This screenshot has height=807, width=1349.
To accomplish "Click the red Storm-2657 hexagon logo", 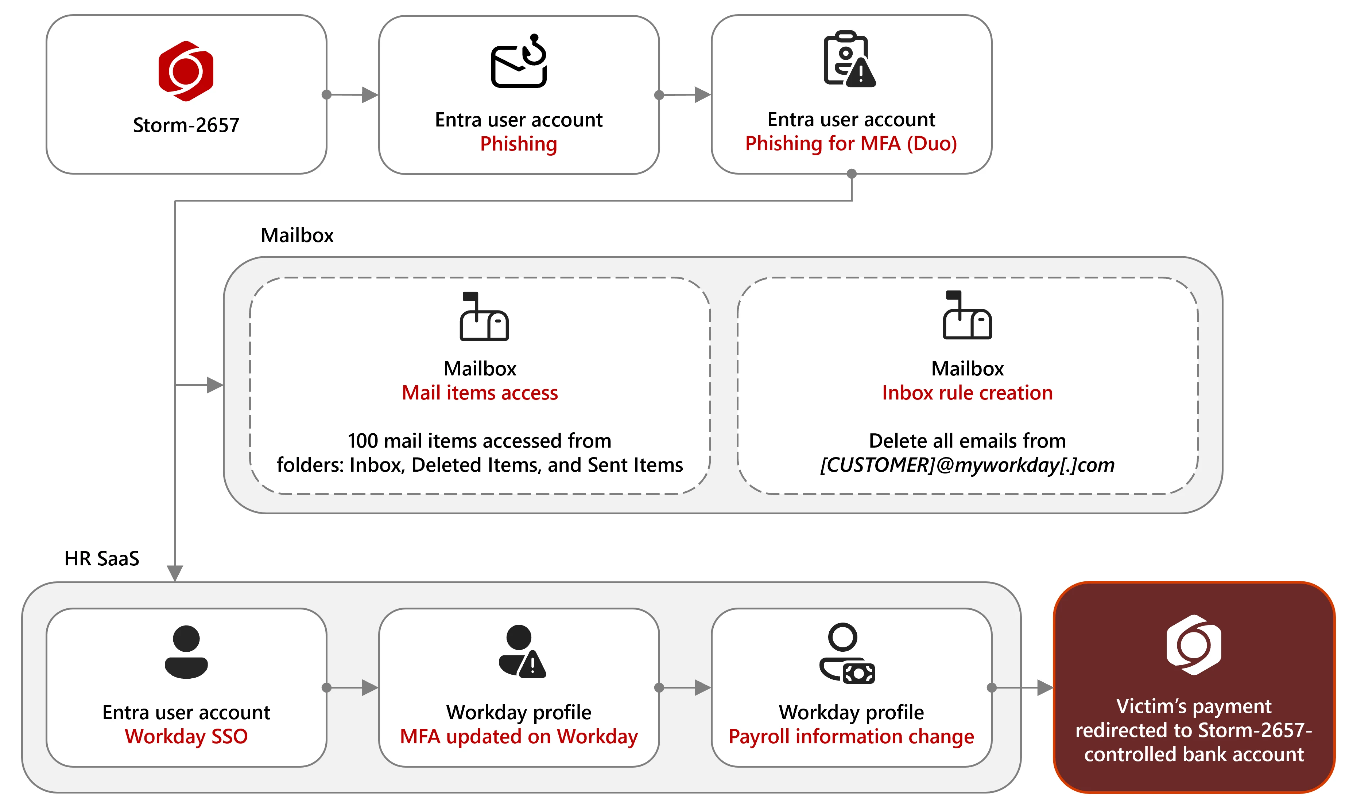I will pos(186,71).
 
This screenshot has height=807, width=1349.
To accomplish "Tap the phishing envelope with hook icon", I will pos(519,62).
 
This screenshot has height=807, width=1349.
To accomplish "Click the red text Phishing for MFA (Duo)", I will pos(851,144).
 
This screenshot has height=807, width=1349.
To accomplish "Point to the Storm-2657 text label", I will pos(186,125).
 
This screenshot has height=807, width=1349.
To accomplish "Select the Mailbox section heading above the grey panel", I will pos(297,235).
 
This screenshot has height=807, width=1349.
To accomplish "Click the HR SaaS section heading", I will pos(102,558).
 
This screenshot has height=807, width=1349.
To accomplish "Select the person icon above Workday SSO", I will pos(186,651).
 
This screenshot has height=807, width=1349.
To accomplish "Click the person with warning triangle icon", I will pos(521,651).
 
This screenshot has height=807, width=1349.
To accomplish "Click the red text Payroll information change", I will pos(851,736).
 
